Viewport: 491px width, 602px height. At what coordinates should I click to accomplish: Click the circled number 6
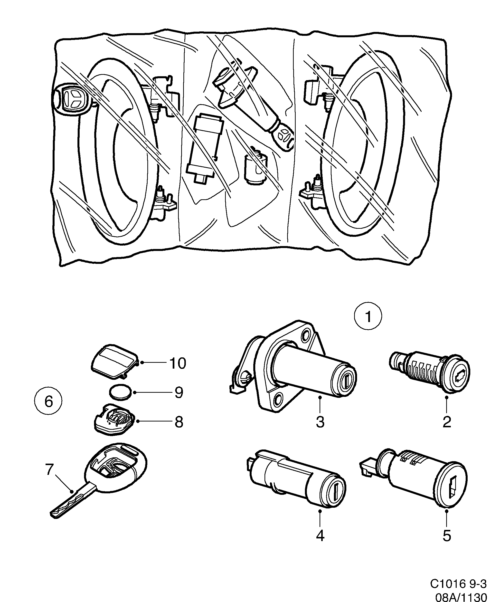(49, 401)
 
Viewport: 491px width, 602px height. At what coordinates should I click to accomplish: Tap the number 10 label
(178, 363)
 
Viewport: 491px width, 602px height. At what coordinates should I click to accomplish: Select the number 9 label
(179, 393)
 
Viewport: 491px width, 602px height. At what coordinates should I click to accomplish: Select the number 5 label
(446, 536)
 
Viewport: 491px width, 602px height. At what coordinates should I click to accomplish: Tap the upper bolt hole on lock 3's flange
(305, 336)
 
